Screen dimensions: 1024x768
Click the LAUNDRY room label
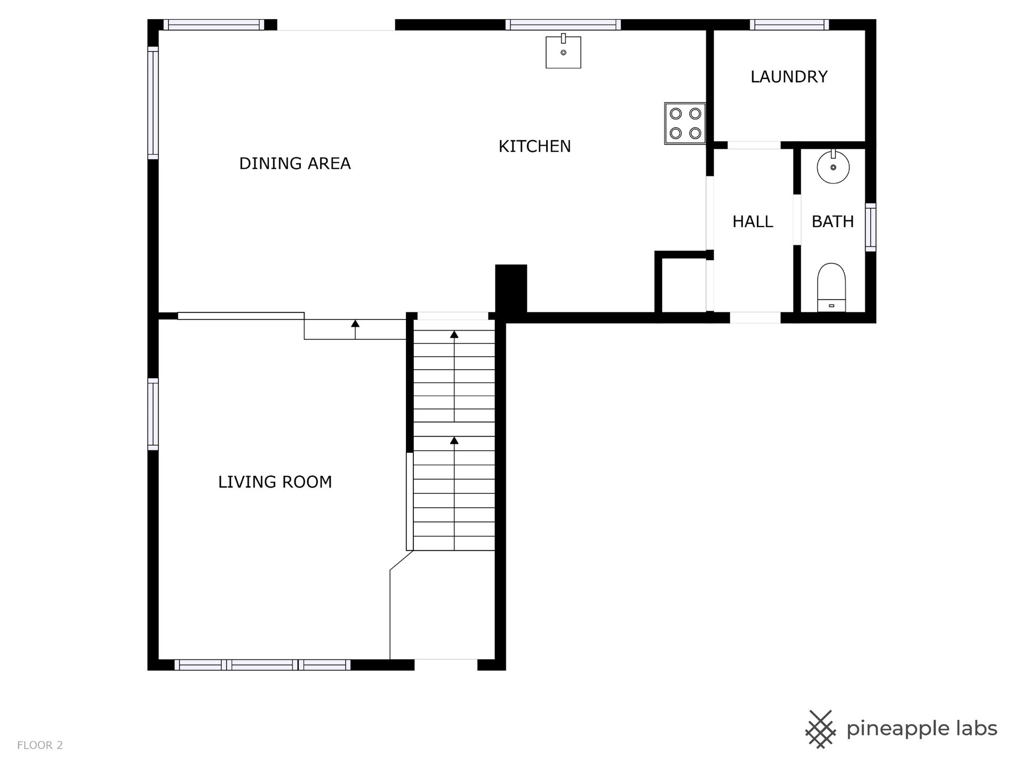pyautogui.click(x=789, y=77)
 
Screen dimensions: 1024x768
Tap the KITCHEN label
pyautogui.click(x=534, y=146)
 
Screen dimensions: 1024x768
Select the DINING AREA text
pyautogui.click(x=295, y=163)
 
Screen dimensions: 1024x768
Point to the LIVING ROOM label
pyautogui.click(x=275, y=482)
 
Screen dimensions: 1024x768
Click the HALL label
pyautogui.click(x=753, y=221)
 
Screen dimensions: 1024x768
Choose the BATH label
pyautogui.click(x=833, y=221)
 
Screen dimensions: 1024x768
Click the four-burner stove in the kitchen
pyautogui.click(x=685, y=123)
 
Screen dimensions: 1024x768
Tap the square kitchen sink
pyautogui.click(x=563, y=51)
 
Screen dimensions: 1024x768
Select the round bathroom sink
pyautogui.click(x=833, y=166)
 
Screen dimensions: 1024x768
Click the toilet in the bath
pyautogui.click(x=831, y=287)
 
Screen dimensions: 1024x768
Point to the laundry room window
pyautogui.click(x=789, y=25)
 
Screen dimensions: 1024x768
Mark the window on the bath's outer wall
pyautogui.click(x=870, y=227)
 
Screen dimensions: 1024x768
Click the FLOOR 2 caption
pyautogui.click(x=40, y=745)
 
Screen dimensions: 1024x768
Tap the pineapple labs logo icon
pyautogui.click(x=820, y=729)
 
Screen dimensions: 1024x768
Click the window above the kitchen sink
pyautogui.click(x=563, y=25)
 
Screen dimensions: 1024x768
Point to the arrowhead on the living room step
pyautogui.click(x=355, y=323)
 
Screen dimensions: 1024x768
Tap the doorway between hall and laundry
pyautogui.click(x=754, y=145)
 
